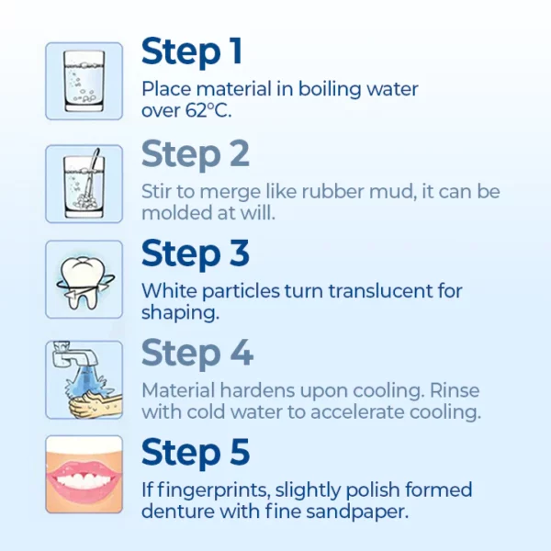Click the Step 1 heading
(x=192, y=52)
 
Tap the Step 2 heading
(x=196, y=154)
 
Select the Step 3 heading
(x=196, y=253)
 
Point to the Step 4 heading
(x=197, y=353)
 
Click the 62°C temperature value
(x=208, y=110)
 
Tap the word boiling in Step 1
(x=330, y=89)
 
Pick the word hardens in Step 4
(x=257, y=390)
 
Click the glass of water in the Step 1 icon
(x=84, y=82)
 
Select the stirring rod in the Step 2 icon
(x=90, y=174)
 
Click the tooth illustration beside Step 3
(x=84, y=282)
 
